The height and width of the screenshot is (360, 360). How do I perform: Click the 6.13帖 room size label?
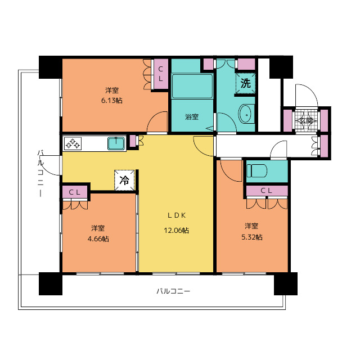click(112, 101)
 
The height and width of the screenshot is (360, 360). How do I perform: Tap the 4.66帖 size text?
click(98, 238)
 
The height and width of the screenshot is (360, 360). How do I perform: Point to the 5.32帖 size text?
click(252, 237)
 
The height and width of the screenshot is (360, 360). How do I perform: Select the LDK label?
click(176, 215)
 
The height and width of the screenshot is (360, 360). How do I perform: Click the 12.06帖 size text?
click(176, 230)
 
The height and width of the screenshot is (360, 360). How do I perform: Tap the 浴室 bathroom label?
click(192, 117)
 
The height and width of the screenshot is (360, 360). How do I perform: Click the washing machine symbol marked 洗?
click(245, 83)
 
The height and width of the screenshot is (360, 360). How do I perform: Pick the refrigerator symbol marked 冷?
click(124, 180)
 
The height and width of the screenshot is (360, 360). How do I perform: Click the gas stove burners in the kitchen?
click(73, 143)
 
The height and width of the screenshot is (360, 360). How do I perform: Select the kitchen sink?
click(116, 143)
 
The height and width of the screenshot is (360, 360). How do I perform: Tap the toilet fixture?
click(256, 171)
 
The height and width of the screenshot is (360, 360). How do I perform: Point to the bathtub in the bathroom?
click(192, 86)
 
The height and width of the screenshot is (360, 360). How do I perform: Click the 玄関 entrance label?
click(306, 120)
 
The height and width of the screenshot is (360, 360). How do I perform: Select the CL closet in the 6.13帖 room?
click(161, 74)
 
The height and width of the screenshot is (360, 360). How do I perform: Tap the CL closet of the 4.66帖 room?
click(75, 192)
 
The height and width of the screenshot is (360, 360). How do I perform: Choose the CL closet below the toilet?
click(267, 191)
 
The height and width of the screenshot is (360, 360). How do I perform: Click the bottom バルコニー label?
click(173, 291)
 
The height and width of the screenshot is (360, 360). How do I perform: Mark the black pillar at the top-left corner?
click(50, 67)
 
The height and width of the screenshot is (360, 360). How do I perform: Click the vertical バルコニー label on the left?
click(40, 173)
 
